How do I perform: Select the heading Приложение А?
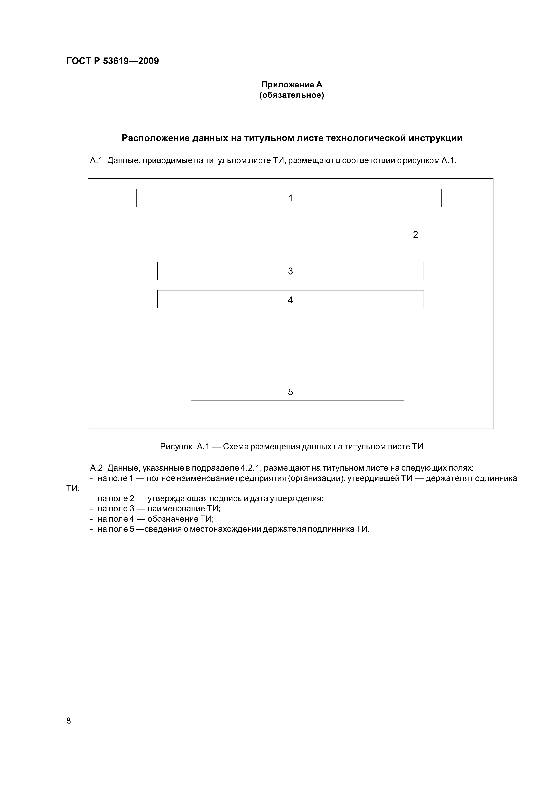pos(292,84)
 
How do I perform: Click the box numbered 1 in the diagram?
pos(288,198)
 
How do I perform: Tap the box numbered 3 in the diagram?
pos(290,271)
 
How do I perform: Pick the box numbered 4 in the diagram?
pos(290,299)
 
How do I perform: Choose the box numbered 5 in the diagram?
pos(297,392)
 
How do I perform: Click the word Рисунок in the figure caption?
pos(176,447)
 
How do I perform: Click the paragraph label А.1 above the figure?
pos(96,160)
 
